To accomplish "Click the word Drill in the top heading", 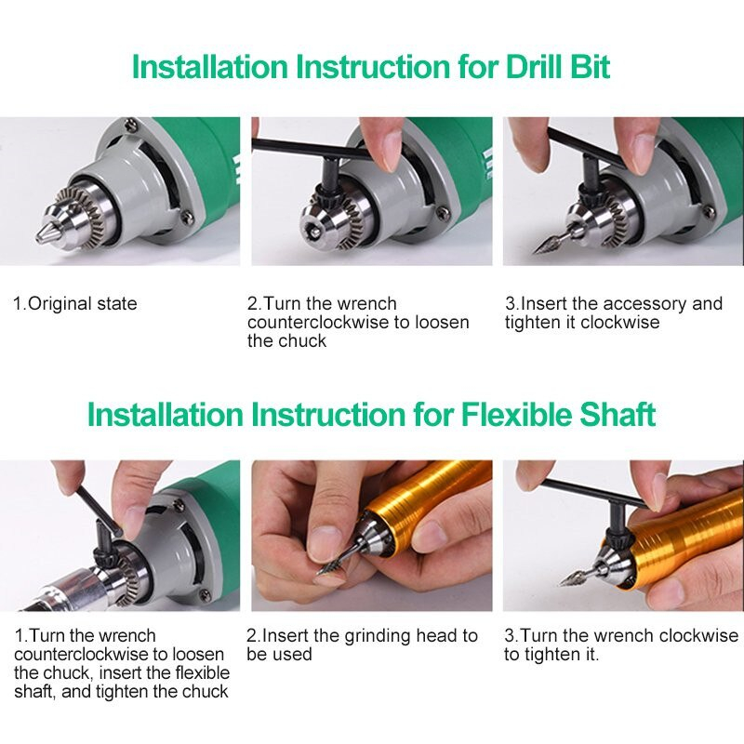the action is click(x=533, y=66).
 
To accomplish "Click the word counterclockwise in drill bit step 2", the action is click(x=319, y=322).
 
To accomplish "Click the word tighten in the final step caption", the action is click(x=549, y=656).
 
